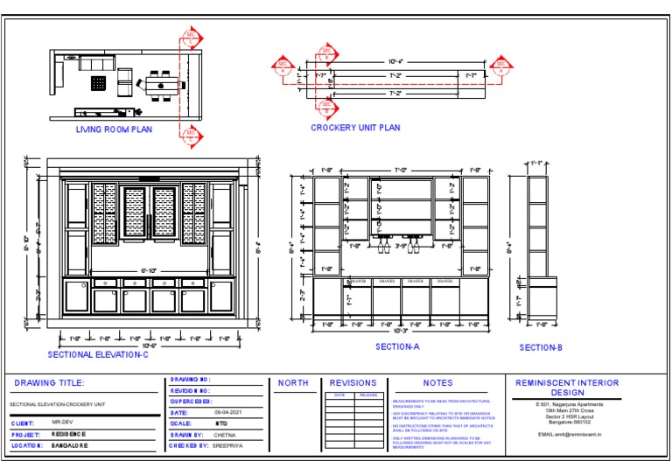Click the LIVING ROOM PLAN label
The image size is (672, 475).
(x=114, y=129)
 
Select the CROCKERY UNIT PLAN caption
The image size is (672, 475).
(x=355, y=128)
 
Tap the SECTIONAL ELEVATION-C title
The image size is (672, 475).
(x=98, y=354)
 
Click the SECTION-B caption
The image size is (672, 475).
(x=541, y=348)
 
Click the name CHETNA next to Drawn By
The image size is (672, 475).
(x=225, y=434)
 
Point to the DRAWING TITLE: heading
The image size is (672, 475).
(x=49, y=383)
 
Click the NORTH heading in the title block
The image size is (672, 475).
(x=292, y=383)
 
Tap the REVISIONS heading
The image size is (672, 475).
(x=353, y=383)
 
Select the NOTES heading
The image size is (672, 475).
(x=437, y=383)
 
